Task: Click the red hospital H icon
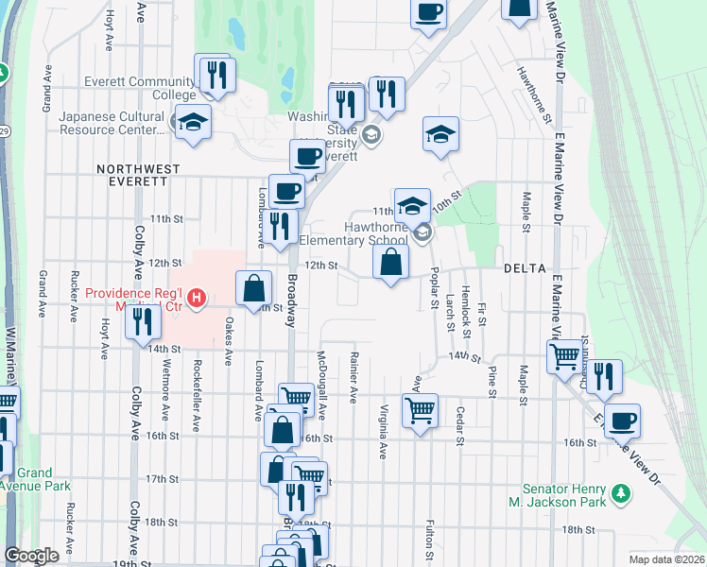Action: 197,300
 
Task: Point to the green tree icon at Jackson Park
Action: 621,493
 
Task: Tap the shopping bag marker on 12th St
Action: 390,263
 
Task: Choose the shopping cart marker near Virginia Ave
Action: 420,410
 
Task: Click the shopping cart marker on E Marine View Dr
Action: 565,357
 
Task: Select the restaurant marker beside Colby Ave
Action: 143,322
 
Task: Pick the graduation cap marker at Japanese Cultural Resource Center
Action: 193,123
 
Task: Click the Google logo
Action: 31,556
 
